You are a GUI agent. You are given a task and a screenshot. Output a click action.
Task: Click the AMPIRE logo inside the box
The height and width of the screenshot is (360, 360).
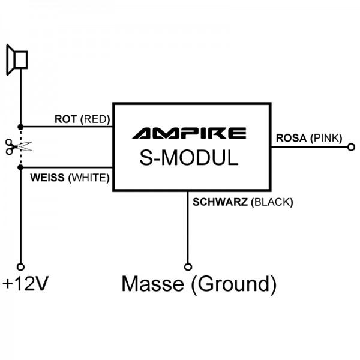click(188, 133)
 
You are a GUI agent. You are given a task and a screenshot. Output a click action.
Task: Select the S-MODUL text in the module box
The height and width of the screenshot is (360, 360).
click(188, 157)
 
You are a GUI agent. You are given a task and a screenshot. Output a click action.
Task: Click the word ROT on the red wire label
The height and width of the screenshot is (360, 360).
click(65, 119)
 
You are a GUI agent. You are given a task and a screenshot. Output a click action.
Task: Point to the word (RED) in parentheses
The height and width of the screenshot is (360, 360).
click(95, 119)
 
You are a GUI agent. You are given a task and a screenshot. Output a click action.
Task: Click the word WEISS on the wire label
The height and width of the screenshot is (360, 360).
click(47, 178)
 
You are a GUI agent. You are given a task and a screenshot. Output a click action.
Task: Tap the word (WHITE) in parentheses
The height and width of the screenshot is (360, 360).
click(89, 178)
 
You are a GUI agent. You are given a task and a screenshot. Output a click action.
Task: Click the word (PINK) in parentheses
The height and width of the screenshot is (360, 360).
click(326, 138)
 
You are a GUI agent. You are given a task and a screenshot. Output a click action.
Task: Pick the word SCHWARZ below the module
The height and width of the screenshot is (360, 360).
click(220, 202)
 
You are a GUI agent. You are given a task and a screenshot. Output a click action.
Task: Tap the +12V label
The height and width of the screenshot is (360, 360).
click(25, 283)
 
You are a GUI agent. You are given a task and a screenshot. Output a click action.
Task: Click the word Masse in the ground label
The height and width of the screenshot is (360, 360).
click(153, 283)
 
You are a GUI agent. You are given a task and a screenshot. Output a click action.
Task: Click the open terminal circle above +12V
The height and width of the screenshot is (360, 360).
click(20, 266)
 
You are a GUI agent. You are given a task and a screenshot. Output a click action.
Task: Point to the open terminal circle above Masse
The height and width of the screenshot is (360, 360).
click(188, 266)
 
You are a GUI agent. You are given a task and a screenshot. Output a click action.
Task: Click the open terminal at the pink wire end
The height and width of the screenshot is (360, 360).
click(351, 145)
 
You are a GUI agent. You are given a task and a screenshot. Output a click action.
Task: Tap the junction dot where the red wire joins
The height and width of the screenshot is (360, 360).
click(20, 127)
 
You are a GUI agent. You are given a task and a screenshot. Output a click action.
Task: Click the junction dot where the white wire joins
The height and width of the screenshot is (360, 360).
click(20, 167)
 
